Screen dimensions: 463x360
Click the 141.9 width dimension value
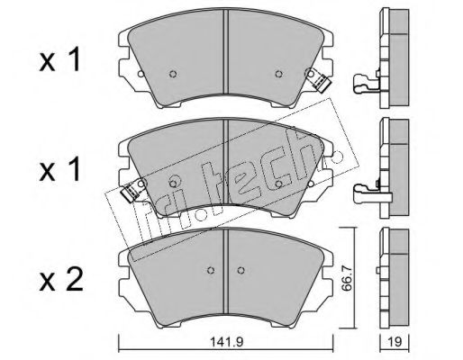coord(226,342)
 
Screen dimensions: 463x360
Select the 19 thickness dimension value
coord(395,342)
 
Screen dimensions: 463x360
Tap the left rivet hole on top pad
coord(173,74)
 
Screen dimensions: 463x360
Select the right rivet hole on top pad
coord(278,74)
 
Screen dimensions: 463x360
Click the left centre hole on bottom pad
coord(211,270)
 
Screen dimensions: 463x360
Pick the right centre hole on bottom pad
coord(241,270)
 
